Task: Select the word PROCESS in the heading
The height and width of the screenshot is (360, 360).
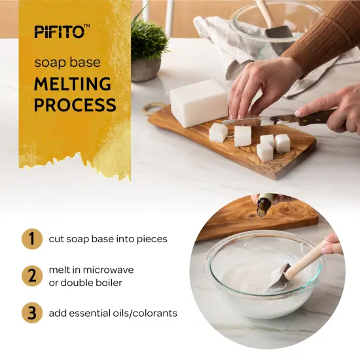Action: pyautogui.click(x=75, y=105)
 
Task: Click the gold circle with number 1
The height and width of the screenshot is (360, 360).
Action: pyautogui.click(x=30, y=238)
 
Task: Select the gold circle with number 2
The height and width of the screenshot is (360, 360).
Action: pyautogui.click(x=30, y=276)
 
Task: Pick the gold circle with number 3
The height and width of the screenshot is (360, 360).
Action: pyautogui.click(x=30, y=313)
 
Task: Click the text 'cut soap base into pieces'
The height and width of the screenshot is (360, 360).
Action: pyautogui.click(x=108, y=239)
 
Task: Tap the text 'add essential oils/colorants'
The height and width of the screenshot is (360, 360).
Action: pyautogui.click(x=113, y=314)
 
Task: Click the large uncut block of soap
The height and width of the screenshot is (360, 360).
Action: pyautogui.click(x=198, y=103)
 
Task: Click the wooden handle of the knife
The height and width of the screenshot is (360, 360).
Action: pyautogui.click(x=316, y=118)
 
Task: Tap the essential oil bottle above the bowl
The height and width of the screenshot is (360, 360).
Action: pyautogui.click(x=264, y=206)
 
